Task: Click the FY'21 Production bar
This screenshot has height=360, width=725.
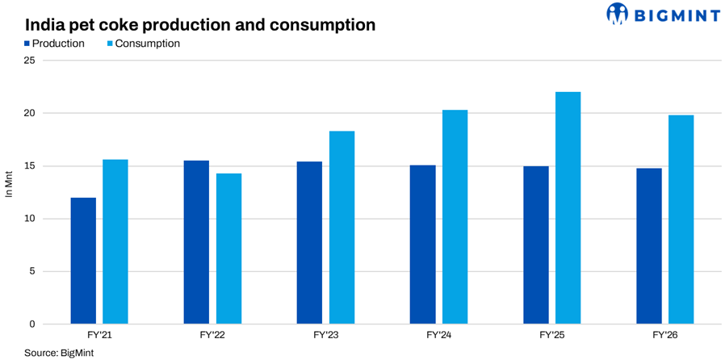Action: click(83, 261)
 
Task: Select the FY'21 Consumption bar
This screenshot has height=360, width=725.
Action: click(115, 241)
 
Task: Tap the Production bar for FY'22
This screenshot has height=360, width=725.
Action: click(196, 242)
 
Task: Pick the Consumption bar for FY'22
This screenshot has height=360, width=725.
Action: click(228, 249)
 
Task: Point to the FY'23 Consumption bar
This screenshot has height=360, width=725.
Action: click(342, 228)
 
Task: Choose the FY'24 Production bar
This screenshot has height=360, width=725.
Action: click(422, 245)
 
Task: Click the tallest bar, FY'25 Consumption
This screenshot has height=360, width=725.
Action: click(568, 208)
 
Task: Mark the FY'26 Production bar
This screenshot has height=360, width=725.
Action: click(649, 246)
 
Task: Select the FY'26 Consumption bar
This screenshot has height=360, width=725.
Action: click(681, 220)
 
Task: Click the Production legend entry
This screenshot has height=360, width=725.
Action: click(55, 44)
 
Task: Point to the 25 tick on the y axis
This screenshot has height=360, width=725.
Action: click(32, 61)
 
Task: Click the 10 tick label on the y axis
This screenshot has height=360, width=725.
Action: click(32, 219)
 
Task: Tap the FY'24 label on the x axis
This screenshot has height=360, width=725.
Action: click(438, 336)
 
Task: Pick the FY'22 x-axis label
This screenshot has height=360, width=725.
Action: click(212, 336)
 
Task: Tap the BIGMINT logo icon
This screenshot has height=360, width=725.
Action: click(618, 14)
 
